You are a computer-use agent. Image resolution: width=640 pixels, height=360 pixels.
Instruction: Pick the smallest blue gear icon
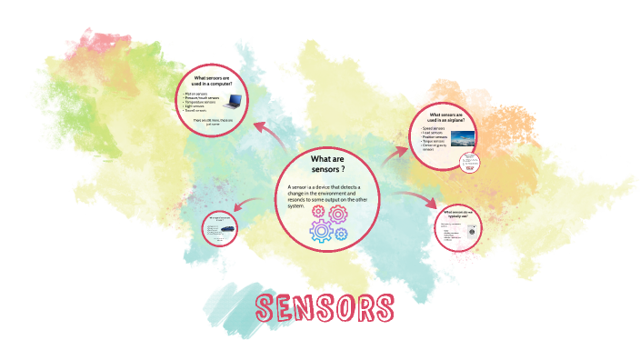click(342, 234)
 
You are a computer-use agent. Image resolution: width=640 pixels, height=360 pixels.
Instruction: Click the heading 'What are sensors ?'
click(328, 165)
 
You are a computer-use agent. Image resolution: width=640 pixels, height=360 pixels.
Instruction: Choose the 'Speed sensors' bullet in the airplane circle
click(434, 130)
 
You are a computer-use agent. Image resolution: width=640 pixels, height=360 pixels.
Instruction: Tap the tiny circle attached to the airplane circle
click(469, 162)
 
